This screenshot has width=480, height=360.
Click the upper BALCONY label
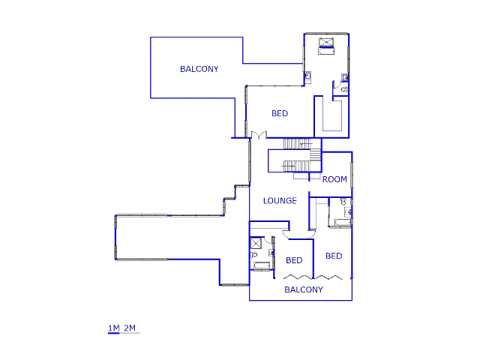pyautogui.click(x=199, y=69)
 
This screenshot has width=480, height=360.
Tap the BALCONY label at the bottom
pyautogui.click(x=304, y=289)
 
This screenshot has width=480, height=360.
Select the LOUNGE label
pyautogui.click(x=280, y=201)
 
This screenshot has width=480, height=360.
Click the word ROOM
pyautogui.click(x=334, y=179)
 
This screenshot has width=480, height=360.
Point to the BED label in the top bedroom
pyautogui.click(x=280, y=113)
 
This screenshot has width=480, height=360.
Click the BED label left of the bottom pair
pyautogui.click(x=294, y=260)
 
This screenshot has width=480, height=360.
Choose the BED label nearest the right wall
pyautogui.click(x=334, y=256)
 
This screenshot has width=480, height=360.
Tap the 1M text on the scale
pyautogui.click(x=113, y=328)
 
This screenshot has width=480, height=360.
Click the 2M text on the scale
pyautogui.click(x=130, y=328)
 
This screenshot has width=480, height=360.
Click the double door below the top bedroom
pyautogui.click(x=259, y=135)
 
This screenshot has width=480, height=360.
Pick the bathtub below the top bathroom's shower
pyautogui.click(x=326, y=51)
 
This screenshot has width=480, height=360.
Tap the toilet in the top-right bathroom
pyautogui.click(x=345, y=90)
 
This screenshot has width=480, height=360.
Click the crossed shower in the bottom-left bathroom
pyautogui.click(x=256, y=244)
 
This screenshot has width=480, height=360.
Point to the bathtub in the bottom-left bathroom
pyautogui.click(x=262, y=266)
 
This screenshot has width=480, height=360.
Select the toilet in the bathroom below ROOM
pyautogui.click(x=343, y=202)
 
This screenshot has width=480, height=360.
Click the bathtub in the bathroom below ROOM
pyautogui.click(x=343, y=222)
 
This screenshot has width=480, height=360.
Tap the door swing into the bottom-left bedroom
pyautogui.click(x=286, y=235)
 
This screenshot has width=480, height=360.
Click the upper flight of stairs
pyautogui.click(x=298, y=144)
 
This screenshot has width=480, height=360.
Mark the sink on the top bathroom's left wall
pyautogui.click(x=307, y=75)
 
